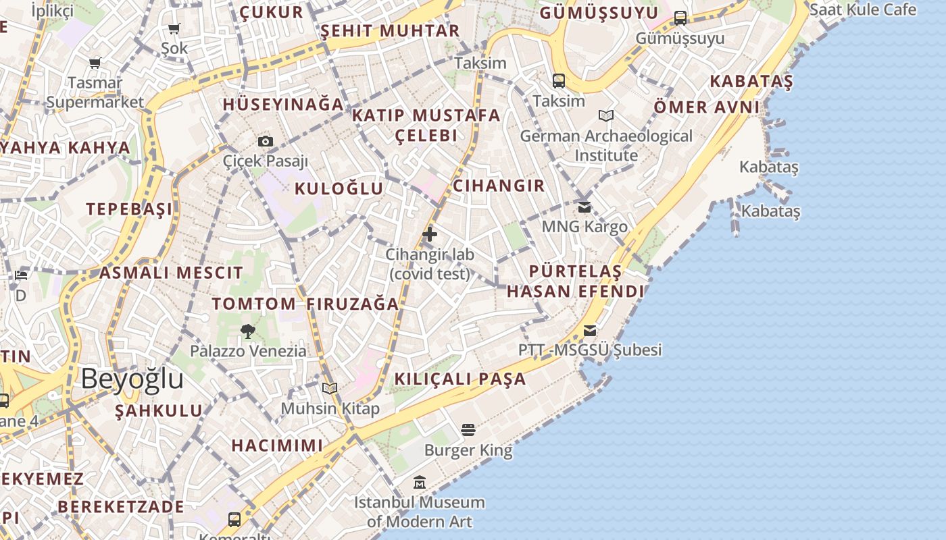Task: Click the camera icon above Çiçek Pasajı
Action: pyautogui.click(x=266, y=141)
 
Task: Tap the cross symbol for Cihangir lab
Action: pyautogui.click(x=429, y=234)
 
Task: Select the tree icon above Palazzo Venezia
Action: pyautogui.click(x=247, y=331)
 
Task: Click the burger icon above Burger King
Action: pyautogui.click(x=468, y=430)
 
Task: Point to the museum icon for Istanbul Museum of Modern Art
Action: pyautogui.click(x=420, y=483)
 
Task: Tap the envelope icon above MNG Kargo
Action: pyautogui.click(x=584, y=207)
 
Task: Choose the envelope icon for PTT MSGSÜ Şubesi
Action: pyautogui.click(x=590, y=330)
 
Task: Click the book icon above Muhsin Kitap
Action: pyautogui.click(x=329, y=388)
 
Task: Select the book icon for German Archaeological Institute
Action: pyautogui.click(x=606, y=115)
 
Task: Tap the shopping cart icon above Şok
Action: pyautogui.click(x=174, y=28)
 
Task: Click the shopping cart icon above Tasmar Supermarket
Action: pyautogui.click(x=95, y=63)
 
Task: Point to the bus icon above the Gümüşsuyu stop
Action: pyautogui.click(x=680, y=18)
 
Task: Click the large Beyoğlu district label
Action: pyautogui.click(x=132, y=379)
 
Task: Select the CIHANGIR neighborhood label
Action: pyautogui.click(x=499, y=186)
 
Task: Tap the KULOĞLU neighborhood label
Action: pyautogui.click(x=339, y=188)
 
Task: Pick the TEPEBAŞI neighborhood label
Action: pyautogui.click(x=129, y=209)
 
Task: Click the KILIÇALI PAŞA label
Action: pyautogui.click(x=460, y=379)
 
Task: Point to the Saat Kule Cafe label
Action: pyautogui.click(x=863, y=9)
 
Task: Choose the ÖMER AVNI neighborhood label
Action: pyautogui.click(x=707, y=107)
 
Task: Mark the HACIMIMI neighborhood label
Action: pyautogui.click(x=277, y=446)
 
